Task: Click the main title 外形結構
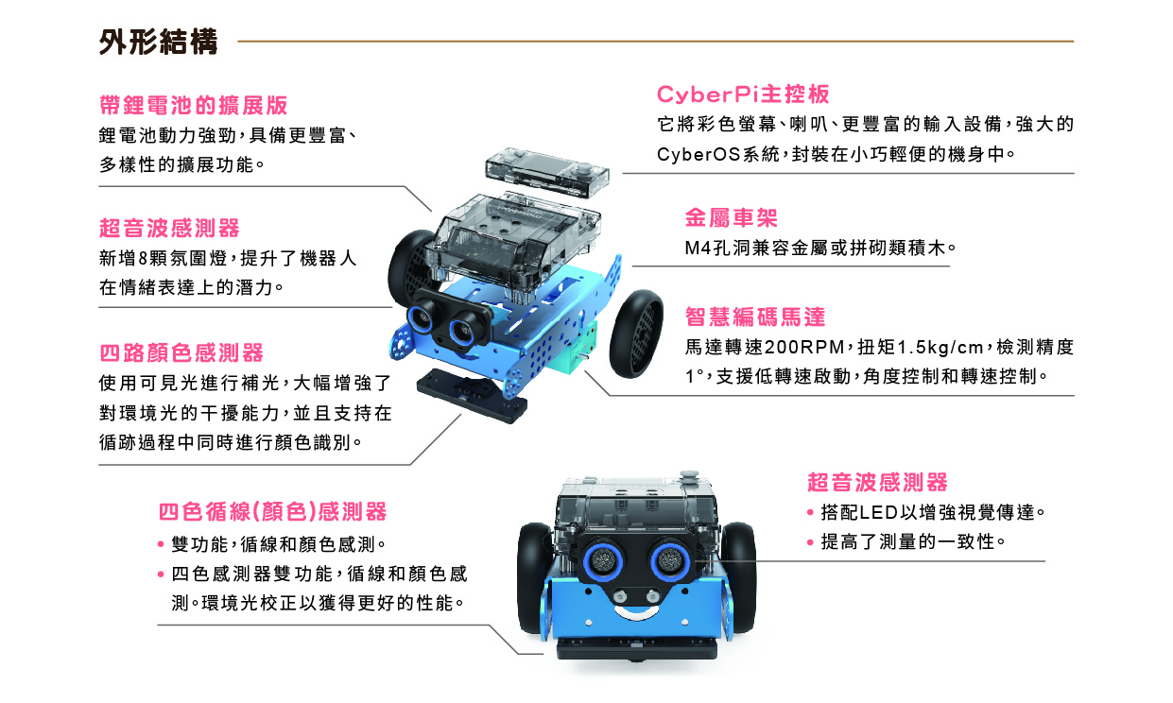click(x=158, y=42)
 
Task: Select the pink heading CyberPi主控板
click(x=743, y=94)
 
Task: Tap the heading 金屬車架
click(x=732, y=217)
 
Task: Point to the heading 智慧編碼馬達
click(x=755, y=317)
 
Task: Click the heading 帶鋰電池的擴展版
click(x=193, y=105)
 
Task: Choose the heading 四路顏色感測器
click(x=181, y=352)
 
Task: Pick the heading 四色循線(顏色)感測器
click(x=272, y=511)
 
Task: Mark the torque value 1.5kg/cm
click(x=940, y=347)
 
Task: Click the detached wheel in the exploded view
click(x=636, y=334)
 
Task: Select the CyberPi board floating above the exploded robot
click(x=548, y=172)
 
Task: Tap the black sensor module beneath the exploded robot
click(x=472, y=395)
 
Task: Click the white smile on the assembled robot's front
click(x=636, y=612)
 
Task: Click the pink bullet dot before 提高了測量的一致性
click(x=810, y=542)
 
